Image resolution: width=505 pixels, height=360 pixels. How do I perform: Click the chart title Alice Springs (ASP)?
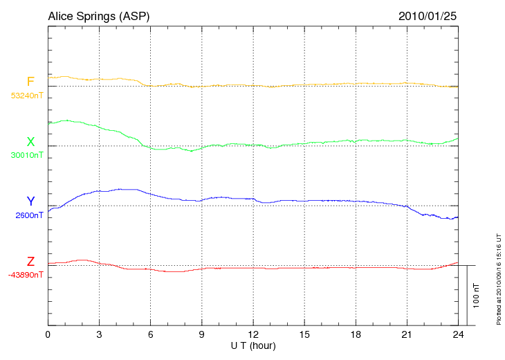(x=98, y=15)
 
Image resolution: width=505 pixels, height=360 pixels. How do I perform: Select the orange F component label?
(x=30, y=82)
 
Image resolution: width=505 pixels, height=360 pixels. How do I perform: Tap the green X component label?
(x=30, y=142)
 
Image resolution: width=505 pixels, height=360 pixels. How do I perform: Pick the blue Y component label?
(x=30, y=201)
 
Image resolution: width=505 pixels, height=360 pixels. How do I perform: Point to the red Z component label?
(x=30, y=262)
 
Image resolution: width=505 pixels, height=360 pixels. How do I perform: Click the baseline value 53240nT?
(x=27, y=96)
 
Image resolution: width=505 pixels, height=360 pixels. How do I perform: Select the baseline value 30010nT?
(x=27, y=155)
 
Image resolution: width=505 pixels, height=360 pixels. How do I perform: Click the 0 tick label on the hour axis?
(x=48, y=334)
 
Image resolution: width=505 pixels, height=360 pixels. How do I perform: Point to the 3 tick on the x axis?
(x=99, y=334)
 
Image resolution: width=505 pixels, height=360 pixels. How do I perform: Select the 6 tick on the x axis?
(x=150, y=334)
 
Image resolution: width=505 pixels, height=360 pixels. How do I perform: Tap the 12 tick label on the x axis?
(x=253, y=334)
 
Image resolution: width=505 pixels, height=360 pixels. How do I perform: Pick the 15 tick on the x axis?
(x=304, y=334)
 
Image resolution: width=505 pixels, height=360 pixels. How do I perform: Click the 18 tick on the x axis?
(x=356, y=334)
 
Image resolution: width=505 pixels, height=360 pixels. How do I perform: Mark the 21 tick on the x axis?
(x=407, y=334)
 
